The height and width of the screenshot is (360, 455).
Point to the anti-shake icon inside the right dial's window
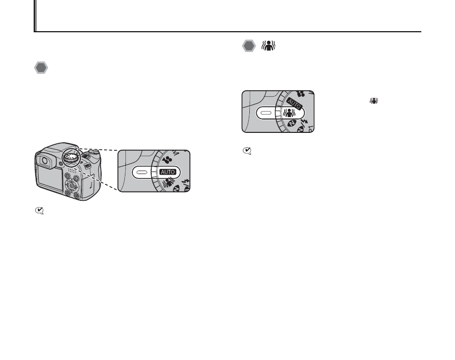pos(289,113)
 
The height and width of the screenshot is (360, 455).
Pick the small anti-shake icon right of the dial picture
pos(373,101)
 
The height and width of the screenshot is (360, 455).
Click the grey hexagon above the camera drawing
pos(41,68)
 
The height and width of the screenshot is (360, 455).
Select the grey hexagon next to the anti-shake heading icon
pos(249,47)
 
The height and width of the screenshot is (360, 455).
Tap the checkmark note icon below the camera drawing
pos(38,211)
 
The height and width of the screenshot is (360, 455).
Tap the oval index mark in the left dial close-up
pos(141,171)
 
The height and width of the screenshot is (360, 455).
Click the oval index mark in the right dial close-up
pos(266,113)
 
